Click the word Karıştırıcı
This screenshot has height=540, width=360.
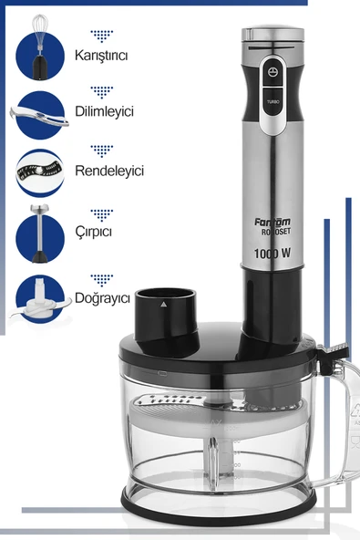click(x=101, y=56)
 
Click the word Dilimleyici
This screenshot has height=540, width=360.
click(x=104, y=111)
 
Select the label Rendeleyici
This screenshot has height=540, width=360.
click(x=109, y=171)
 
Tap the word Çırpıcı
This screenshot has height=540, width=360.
click(x=94, y=231)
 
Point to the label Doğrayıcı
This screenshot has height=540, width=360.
click(x=102, y=298)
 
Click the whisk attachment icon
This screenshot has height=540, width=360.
click(x=40, y=47)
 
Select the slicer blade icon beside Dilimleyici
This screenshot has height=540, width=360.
click(x=40, y=116)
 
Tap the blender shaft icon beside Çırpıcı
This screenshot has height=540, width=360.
click(x=40, y=234)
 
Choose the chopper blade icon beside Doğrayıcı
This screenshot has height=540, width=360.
click(x=40, y=299)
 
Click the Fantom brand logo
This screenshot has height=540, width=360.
click(x=273, y=223)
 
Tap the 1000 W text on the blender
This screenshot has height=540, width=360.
click(x=272, y=254)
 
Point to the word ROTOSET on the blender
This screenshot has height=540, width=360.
click(x=275, y=232)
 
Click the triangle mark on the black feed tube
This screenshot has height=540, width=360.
click(x=163, y=304)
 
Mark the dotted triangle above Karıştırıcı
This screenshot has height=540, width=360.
click(x=102, y=36)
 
